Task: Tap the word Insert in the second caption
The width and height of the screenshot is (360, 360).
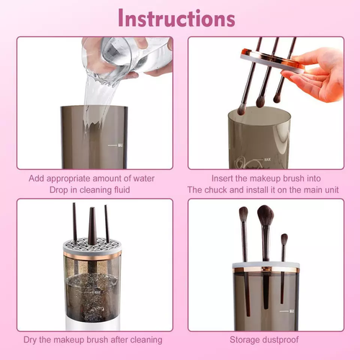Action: pos(225,179)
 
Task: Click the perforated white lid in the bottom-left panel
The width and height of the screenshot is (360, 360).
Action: pos(92,248)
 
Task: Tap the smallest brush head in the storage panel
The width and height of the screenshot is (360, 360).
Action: pos(284,239)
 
